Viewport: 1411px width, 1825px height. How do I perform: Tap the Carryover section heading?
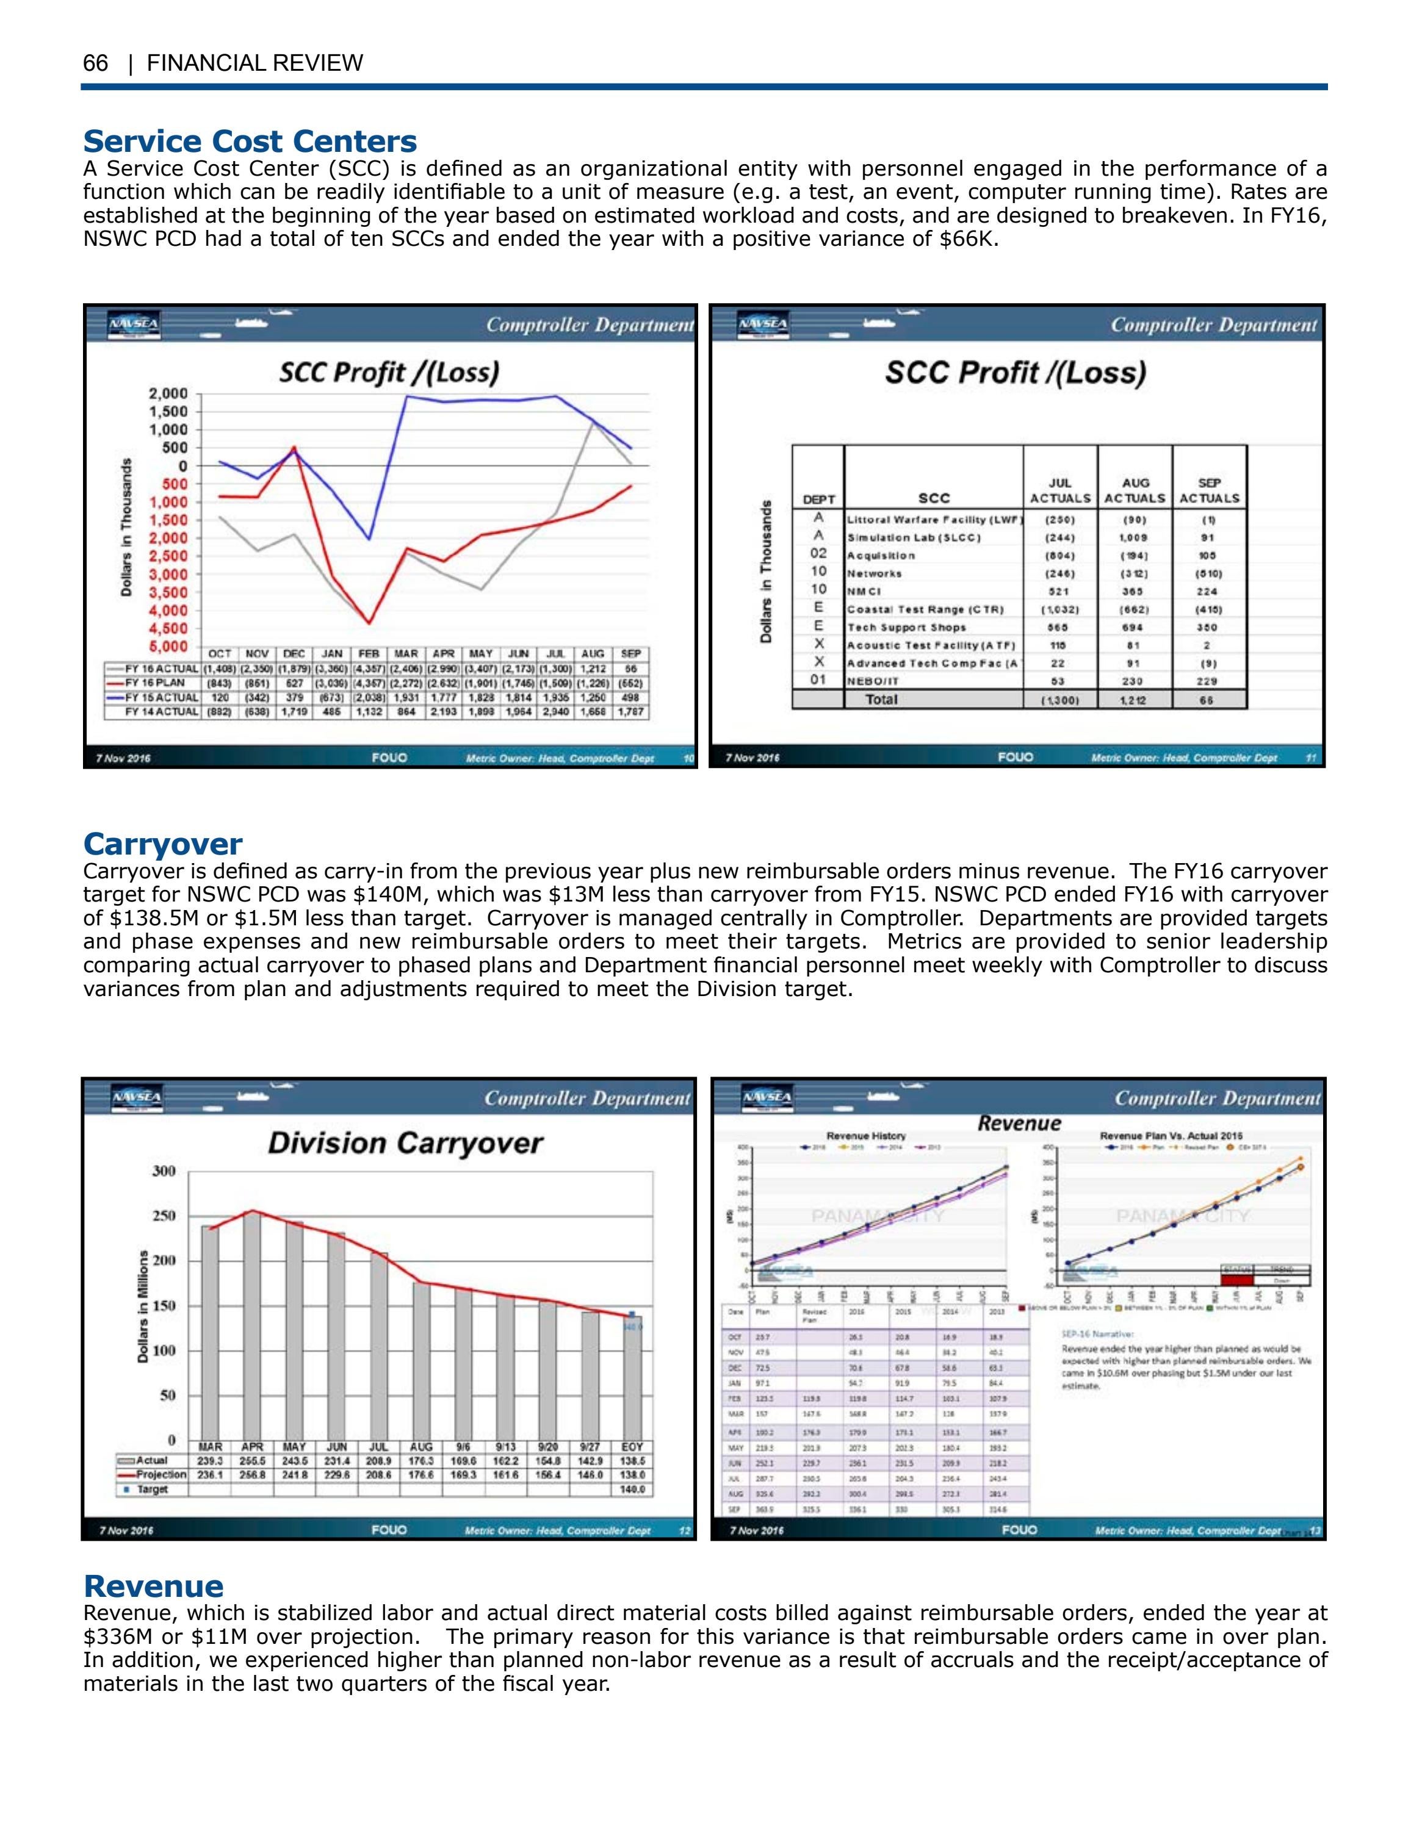[162, 842]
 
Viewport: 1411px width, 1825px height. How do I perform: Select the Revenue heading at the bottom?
[153, 1585]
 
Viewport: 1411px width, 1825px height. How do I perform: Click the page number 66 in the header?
[95, 63]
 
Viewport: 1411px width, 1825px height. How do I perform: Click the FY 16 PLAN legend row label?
[154, 683]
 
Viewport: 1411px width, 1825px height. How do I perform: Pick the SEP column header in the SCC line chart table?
[631, 653]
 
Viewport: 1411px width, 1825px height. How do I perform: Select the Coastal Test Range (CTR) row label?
[925, 609]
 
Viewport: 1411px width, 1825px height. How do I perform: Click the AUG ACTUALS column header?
[1135, 490]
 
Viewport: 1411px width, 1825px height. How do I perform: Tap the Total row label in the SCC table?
[881, 700]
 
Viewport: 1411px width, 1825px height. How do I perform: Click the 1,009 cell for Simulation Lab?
[1135, 537]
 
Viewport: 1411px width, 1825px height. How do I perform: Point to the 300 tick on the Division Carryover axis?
[164, 1171]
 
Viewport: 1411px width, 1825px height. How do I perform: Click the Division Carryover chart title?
[405, 1142]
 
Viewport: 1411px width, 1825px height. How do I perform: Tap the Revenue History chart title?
[866, 1136]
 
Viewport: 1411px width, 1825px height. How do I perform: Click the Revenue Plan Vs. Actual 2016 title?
[1171, 1136]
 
